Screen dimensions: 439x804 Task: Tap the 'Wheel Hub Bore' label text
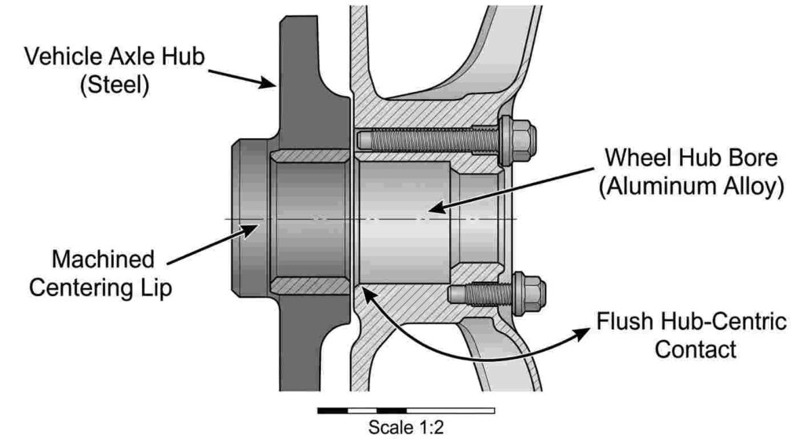coord(690,157)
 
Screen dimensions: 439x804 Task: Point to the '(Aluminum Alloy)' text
coord(690,186)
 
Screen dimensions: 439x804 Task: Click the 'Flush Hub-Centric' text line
coord(691,322)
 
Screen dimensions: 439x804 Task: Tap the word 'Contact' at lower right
coord(691,349)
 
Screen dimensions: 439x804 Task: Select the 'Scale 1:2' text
coord(406,428)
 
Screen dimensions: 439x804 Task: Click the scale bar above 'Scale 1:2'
coord(406,411)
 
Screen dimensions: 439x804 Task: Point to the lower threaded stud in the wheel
coord(475,294)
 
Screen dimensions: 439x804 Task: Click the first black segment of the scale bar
coord(332,411)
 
